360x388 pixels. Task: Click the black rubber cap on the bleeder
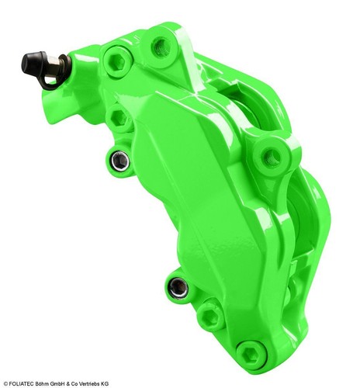(33, 61)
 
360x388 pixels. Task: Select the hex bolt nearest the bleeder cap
(115, 57)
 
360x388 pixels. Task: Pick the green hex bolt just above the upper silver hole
(119, 118)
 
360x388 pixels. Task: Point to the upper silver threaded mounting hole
(118, 161)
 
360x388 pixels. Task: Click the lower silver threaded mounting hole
(177, 288)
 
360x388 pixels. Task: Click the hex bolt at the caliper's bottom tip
(250, 353)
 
